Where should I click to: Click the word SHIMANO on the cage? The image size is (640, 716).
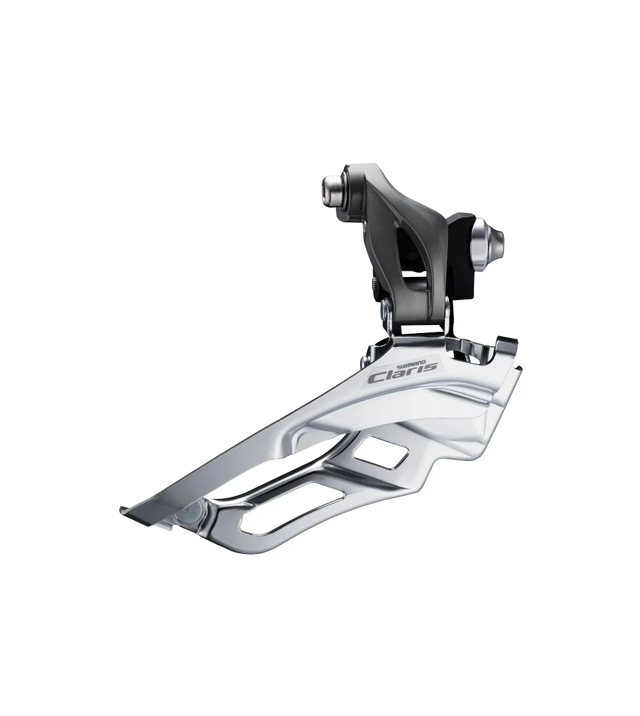pyautogui.click(x=413, y=363)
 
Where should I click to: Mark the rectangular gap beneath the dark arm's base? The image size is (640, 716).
pyautogui.click(x=422, y=327)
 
